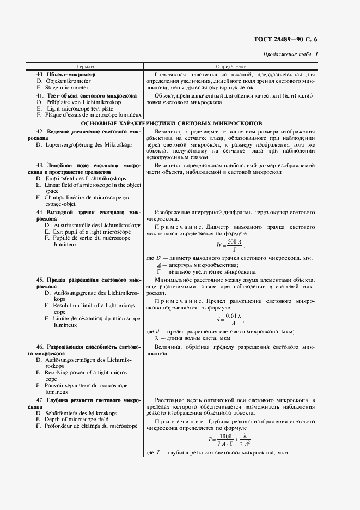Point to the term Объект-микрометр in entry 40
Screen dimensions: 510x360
(x=71, y=74)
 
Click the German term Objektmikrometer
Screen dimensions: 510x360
(x=68, y=81)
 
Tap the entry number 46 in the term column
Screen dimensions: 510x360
(x=39, y=347)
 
